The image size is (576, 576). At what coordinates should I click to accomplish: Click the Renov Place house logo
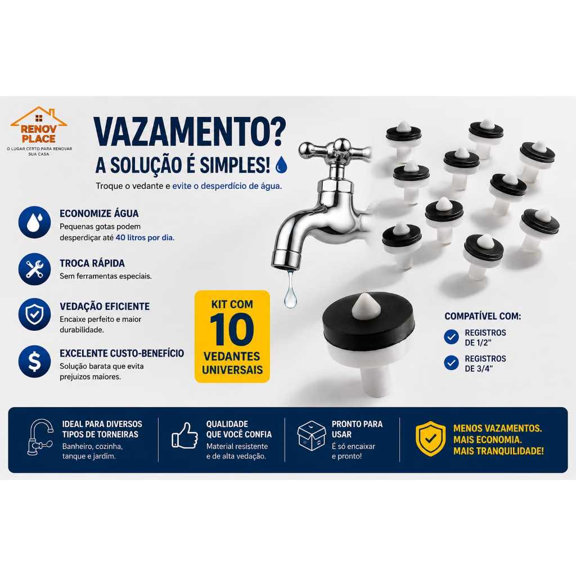coord(39,125)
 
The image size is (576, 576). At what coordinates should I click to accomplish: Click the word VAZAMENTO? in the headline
coord(190,133)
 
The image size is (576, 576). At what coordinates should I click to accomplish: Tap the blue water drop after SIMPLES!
coord(281,165)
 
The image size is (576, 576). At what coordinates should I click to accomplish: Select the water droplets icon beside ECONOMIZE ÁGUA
coord(34,222)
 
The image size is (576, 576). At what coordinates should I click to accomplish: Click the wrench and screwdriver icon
coord(34,269)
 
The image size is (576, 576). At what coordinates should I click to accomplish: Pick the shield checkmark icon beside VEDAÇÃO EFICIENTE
coord(34,314)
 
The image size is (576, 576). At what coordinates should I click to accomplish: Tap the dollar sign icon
coord(34,362)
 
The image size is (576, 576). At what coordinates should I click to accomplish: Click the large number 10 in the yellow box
coord(232,330)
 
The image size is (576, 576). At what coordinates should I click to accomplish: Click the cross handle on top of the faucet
coord(335,149)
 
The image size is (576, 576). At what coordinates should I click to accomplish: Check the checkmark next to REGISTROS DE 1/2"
coord(451,337)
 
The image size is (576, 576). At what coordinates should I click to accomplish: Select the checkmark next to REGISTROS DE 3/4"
coord(451,363)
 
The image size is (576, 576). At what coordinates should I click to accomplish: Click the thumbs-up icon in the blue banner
coord(184,435)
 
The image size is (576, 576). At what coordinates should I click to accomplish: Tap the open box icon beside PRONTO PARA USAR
coord(312,436)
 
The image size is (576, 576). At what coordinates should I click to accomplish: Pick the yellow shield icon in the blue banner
coord(430,439)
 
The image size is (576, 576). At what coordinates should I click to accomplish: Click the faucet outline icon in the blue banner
coord(40,437)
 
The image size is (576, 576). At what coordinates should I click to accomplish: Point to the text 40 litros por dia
coord(145,238)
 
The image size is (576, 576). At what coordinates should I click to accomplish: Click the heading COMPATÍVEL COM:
coord(483,316)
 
